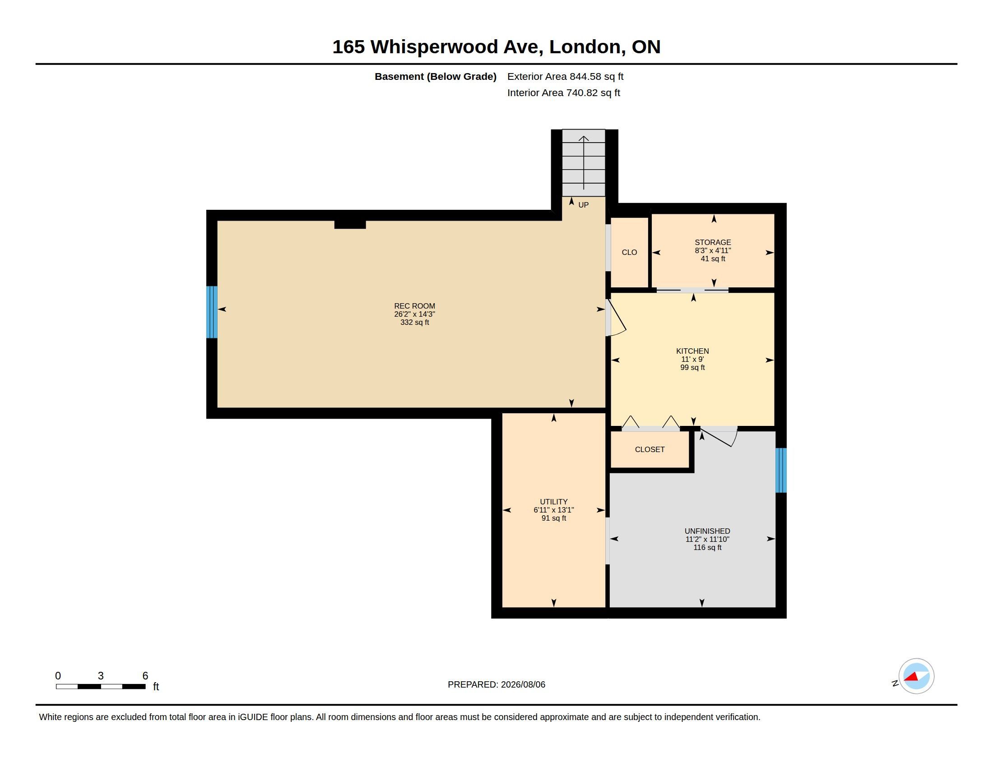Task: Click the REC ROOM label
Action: coord(414,306)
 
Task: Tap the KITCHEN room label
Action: coord(692,351)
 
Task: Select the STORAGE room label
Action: coord(712,242)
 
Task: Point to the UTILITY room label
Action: coord(553,502)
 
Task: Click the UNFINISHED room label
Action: coord(707,531)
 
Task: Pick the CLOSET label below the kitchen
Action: coord(650,449)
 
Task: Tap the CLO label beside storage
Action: coord(629,252)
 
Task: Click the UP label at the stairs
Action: coord(583,205)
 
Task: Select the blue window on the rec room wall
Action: coord(211,312)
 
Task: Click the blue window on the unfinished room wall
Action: coord(781,470)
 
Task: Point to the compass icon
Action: coord(916,676)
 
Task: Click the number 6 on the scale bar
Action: coord(145,676)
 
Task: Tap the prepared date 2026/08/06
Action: coord(523,684)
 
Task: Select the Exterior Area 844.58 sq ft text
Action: coord(565,76)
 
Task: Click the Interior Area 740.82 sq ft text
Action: coord(563,92)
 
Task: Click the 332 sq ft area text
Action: coord(414,322)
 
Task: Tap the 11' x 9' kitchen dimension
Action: coord(692,359)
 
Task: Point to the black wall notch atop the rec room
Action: coord(350,224)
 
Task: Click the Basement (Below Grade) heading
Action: coord(435,76)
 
